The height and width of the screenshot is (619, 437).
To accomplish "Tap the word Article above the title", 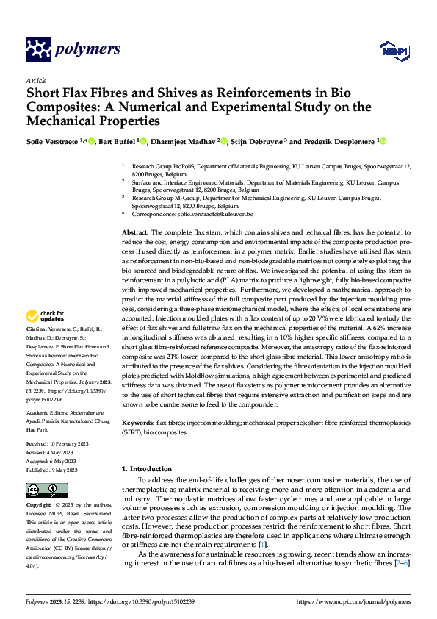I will pyautogui.click(x=36, y=80).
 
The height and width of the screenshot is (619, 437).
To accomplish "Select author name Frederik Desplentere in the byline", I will pyautogui.click(x=339, y=141).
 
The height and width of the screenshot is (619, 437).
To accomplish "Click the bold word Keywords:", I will pyautogui.click(x=138, y=423).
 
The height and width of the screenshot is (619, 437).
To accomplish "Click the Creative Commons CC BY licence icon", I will pyautogui.click(x=46, y=490).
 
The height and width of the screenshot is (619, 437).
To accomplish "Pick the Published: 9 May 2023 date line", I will pyautogui.click(x=54, y=470).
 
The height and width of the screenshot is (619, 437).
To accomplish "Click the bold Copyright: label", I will pyautogui.click(x=39, y=507).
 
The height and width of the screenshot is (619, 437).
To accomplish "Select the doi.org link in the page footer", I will pyautogui.click(x=151, y=601).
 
